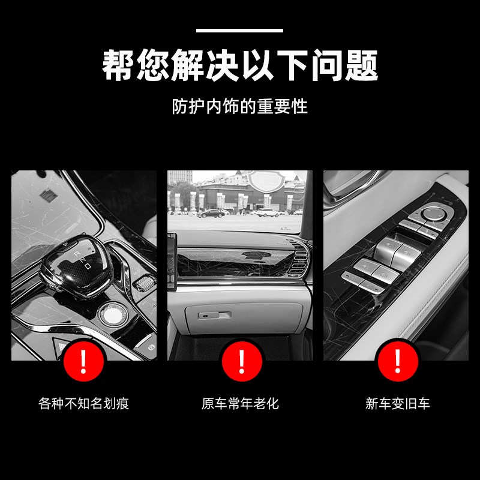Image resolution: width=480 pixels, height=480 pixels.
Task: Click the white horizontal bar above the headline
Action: [x=239, y=30]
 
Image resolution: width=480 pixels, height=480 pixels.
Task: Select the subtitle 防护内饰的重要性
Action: [x=239, y=107]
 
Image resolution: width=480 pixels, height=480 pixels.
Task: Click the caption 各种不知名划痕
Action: [x=83, y=403]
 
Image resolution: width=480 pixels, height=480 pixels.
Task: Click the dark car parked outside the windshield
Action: [x=211, y=213]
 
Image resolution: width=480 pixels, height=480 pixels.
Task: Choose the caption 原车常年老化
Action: [x=240, y=403]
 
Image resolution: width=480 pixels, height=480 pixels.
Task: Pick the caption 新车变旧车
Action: [x=397, y=403]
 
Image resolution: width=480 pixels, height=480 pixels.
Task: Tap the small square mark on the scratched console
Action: [x=46, y=196]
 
